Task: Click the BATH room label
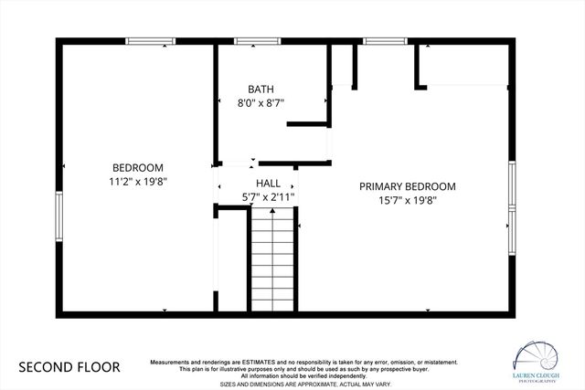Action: [261, 90]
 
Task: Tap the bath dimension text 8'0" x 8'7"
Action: [261, 103]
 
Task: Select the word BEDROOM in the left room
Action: [138, 167]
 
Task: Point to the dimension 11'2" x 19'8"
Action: [138, 181]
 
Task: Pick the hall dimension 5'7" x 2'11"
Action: [268, 196]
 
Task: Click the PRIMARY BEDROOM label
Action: [407, 186]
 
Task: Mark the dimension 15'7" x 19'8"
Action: [407, 200]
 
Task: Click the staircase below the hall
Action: [271, 261]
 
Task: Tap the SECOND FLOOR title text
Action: [69, 367]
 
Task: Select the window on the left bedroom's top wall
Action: [150, 41]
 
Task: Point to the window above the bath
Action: [251, 41]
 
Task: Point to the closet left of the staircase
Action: [231, 261]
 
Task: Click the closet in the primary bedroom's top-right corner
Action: [466, 64]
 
